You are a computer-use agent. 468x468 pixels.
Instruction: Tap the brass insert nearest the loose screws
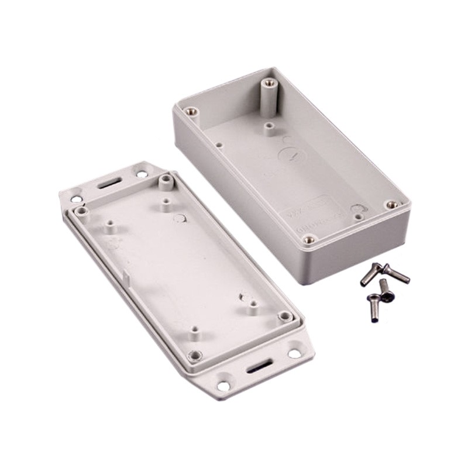pos(391,204)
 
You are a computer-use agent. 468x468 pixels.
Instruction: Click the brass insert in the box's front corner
pos(310,239)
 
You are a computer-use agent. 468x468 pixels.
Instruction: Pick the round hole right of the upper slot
pos(142,173)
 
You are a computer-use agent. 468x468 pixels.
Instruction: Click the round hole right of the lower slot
pos(294,353)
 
